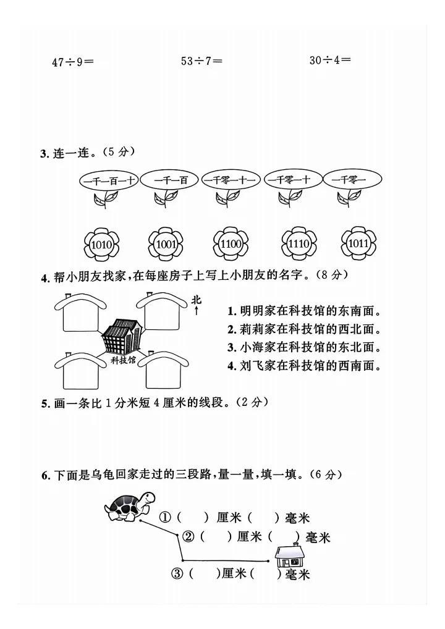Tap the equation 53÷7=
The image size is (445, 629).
click(201, 61)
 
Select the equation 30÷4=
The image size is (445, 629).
click(330, 60)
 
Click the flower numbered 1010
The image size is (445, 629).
click(101, 245)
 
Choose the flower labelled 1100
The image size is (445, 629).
click(231, 244)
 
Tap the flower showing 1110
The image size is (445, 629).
click(298, 245)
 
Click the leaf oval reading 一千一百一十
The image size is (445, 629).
click(109, 181)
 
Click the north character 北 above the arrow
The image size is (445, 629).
click(197, 300)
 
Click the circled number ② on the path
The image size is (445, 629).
click(190, 536)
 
